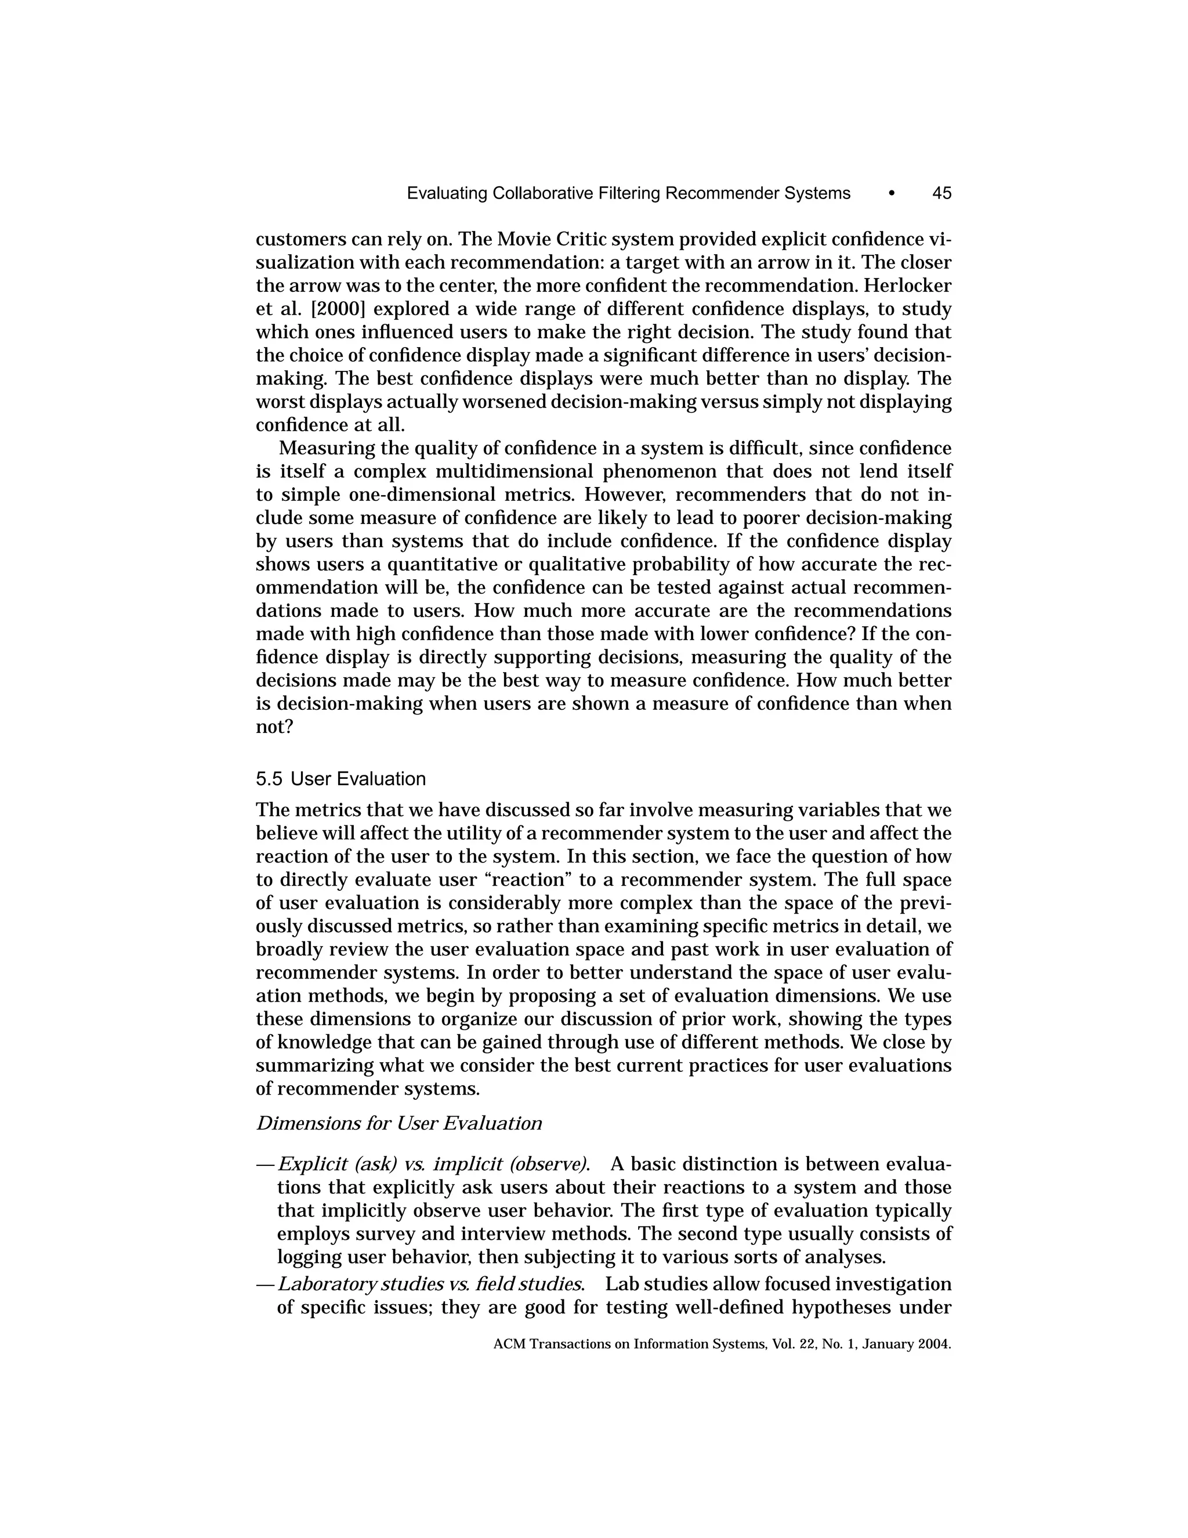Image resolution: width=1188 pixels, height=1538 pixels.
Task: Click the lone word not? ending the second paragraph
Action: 274,727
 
